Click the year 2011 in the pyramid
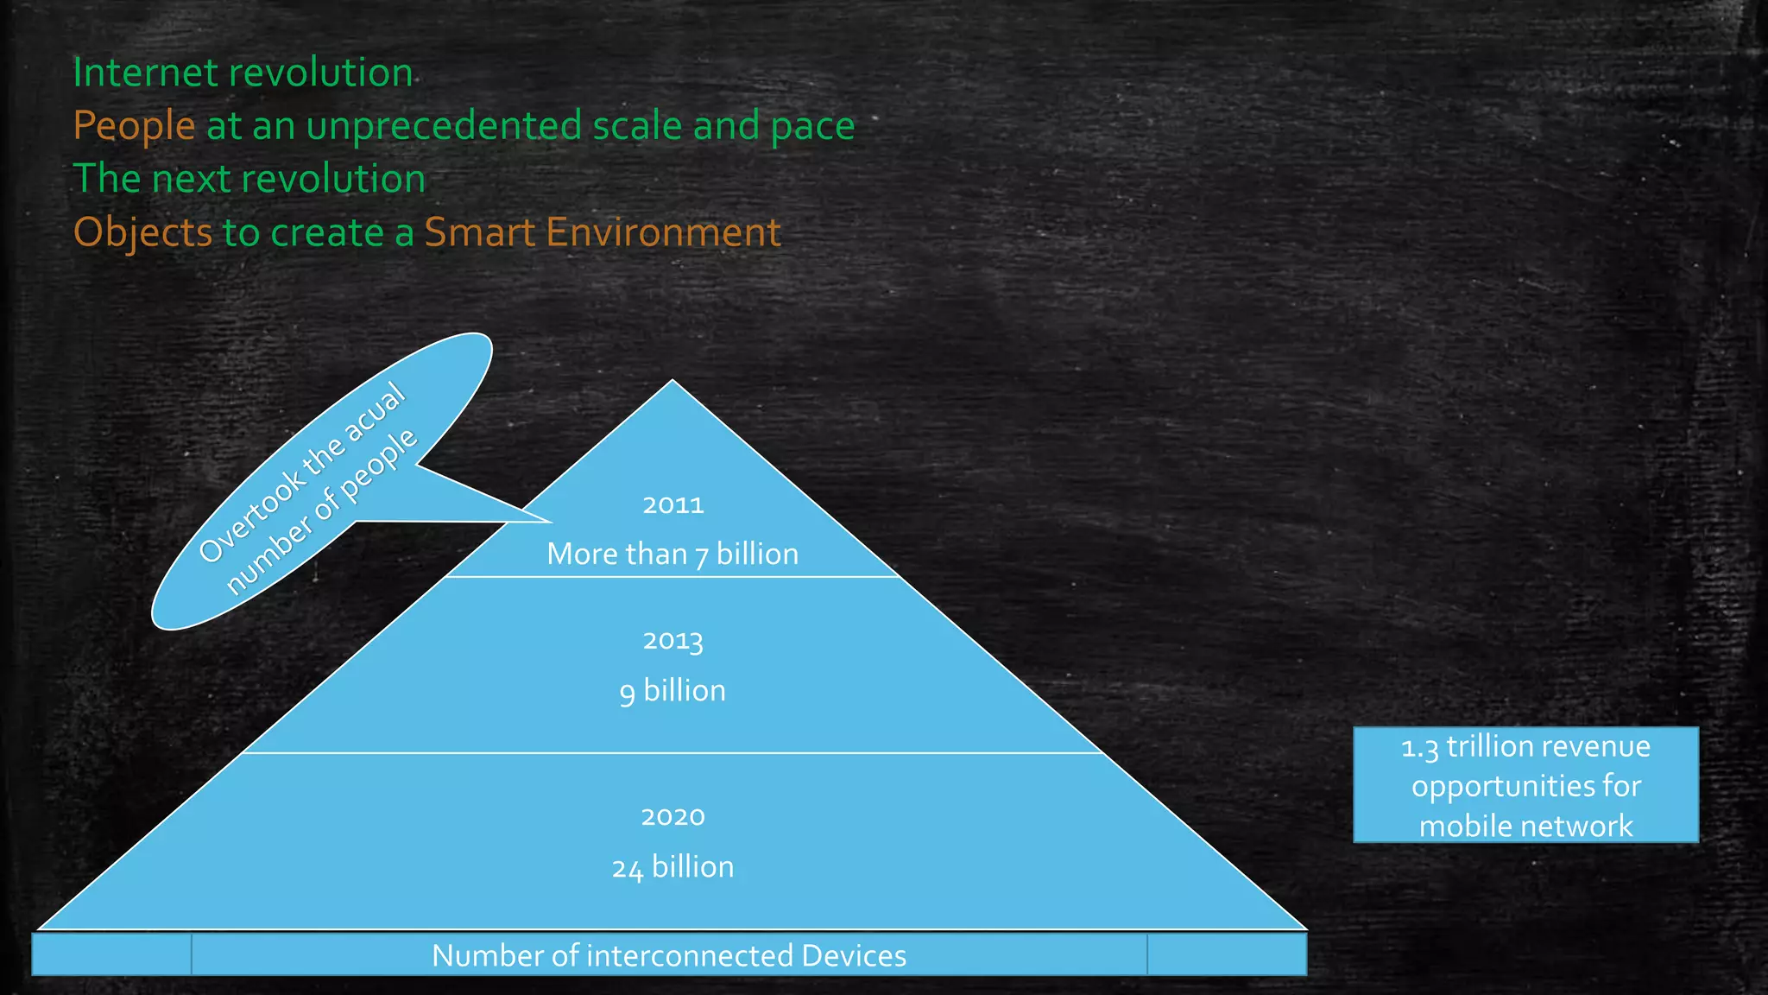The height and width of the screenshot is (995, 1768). [x=673, y=504]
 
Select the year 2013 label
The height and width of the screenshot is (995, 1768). [x=673, y=641]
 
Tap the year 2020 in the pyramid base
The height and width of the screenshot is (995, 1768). [x=673, y=816]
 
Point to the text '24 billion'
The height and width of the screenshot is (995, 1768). [x=673, y=867]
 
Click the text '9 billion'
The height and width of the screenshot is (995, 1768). [x=673, y=691]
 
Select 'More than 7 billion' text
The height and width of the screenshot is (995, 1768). [x=673, y=555]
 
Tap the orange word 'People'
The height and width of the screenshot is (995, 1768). [x=135, y=127]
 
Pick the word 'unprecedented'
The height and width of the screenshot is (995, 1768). [x=445, y=127]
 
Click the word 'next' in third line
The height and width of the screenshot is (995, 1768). [x=188, y=180]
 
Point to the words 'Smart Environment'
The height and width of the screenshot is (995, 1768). [x=603, y=233]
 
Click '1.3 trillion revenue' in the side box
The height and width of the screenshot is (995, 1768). [x=1525, y=747]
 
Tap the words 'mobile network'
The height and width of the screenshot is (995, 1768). [x=1525, y=827]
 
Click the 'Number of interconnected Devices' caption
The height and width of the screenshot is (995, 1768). [x=669, y=956]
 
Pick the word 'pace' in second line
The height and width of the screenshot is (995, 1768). [x=812, y=127]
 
